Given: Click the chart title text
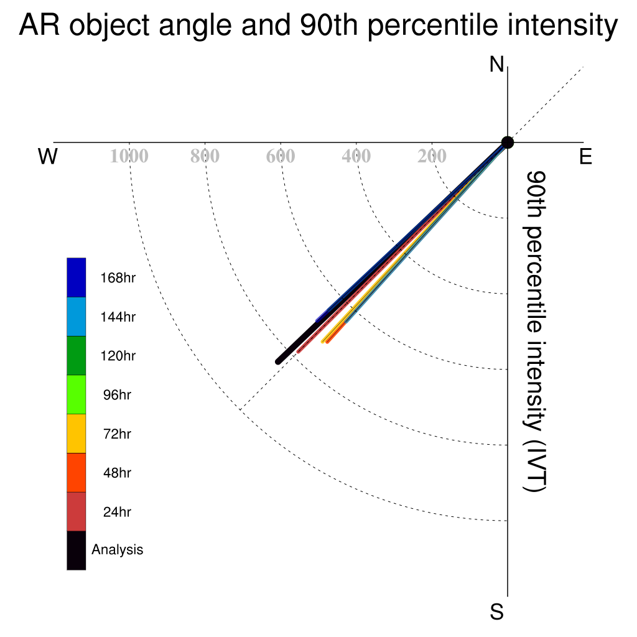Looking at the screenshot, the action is point(318,25).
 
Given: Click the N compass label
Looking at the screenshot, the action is point(496,64).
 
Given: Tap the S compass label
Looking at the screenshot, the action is point(496,612).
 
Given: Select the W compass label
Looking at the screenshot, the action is point(48,156).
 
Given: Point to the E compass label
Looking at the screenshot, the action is point(585,156).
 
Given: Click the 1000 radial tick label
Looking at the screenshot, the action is point(129,156).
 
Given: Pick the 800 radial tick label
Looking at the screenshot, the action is point(205,156).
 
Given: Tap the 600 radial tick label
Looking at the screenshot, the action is point(281,156).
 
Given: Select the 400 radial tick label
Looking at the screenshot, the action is point(356,156).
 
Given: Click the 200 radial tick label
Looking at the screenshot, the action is point(432,156).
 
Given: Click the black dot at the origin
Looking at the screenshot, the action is point(508,142).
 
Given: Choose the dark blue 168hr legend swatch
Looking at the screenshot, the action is point(77,277).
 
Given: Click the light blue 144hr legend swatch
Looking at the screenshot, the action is point(77,317).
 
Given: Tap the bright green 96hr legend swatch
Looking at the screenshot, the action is point(77,394).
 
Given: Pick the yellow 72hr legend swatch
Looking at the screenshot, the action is point(77,434).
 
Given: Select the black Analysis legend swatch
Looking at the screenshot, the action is point(77,551).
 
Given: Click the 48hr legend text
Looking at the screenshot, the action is point(117,473).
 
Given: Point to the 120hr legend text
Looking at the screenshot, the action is point(118,356).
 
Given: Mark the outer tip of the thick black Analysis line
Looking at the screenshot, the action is point(278,361).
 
